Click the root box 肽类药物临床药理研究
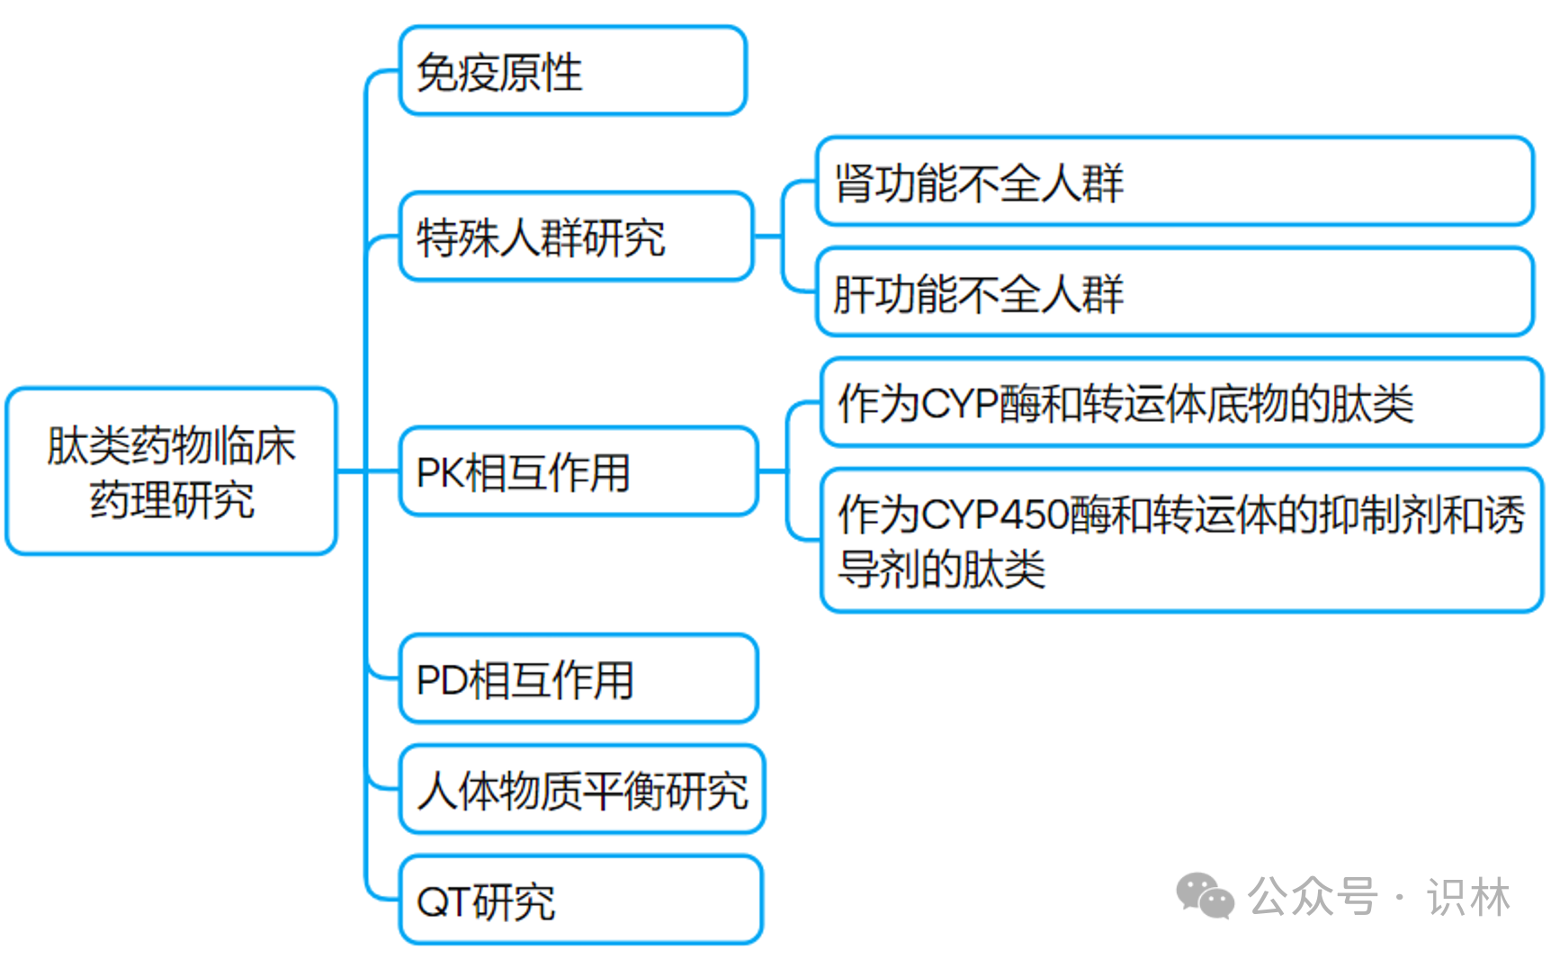pyautogui.click(x=171, y=471)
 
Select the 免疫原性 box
pyautogui.click(x=572, y=71)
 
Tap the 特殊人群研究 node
pyautogui.click(x=576, y=237)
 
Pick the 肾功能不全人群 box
pyautogui.click(x=1173, y=181)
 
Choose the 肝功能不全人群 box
pyautogui.click(x=1173, y=292)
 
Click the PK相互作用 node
pyautogui.click(x=578, y=471)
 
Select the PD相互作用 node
pyautogui.click(x=578, y=678)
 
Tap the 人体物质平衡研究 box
pyautogui.click(x=582, y=790)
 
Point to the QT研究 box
pyautogui.click(x=580, y=900)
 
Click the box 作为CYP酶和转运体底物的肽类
pyautogui.click(x=1180, y=402)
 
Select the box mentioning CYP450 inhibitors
pyautogui.click(x=1180, y=540)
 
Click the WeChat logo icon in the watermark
pyautogui.click(x=1205, y=896)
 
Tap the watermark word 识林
pyautogui.click(x=1468, y=898)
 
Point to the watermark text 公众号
pyautogui.click(x=1313, y=897)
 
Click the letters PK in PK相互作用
pyautogui.click(x=439, y=473)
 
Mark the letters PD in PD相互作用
pyautogui.click(x=441, y=680)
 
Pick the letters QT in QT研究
pyautogui.click(x=444, y=901)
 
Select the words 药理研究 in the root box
pyautogui.click(x=172, y=500)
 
